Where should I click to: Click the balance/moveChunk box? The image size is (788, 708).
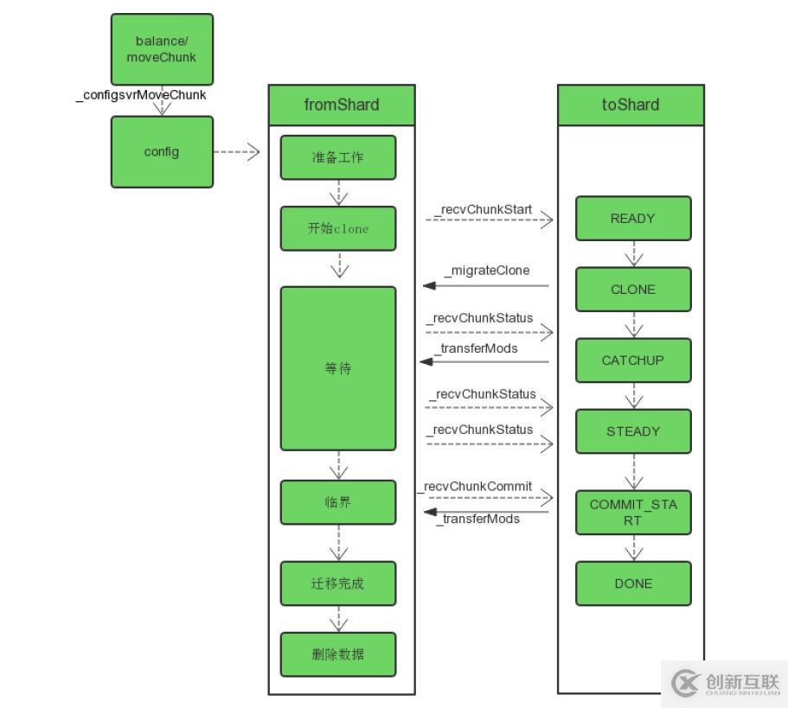162,49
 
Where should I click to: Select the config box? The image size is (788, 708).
162,152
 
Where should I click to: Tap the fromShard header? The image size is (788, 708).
342,105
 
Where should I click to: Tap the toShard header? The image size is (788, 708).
631,105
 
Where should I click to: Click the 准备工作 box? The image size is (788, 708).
338,157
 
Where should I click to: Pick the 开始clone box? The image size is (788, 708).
338,229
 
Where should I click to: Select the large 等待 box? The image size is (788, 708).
338,368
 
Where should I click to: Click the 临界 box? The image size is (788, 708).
338,502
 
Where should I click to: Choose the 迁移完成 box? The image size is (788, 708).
338,584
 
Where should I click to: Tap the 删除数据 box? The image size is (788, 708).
338,654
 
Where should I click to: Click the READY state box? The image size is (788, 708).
633,219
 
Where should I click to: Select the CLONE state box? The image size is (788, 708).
633,290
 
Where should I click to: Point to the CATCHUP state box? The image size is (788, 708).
633,360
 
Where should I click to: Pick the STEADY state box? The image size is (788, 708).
633,431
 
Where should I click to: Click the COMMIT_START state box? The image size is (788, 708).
633,513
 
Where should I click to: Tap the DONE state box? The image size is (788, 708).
633,584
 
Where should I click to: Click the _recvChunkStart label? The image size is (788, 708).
483,210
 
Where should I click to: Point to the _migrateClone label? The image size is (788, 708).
486,271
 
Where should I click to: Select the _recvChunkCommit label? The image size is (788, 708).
477,487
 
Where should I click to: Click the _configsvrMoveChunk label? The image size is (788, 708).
141,95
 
